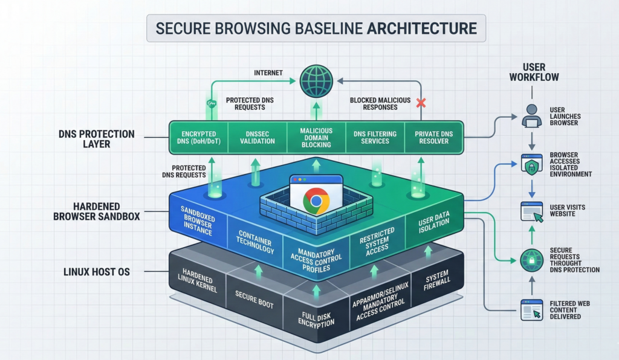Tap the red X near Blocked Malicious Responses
click(x=421, y=103)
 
